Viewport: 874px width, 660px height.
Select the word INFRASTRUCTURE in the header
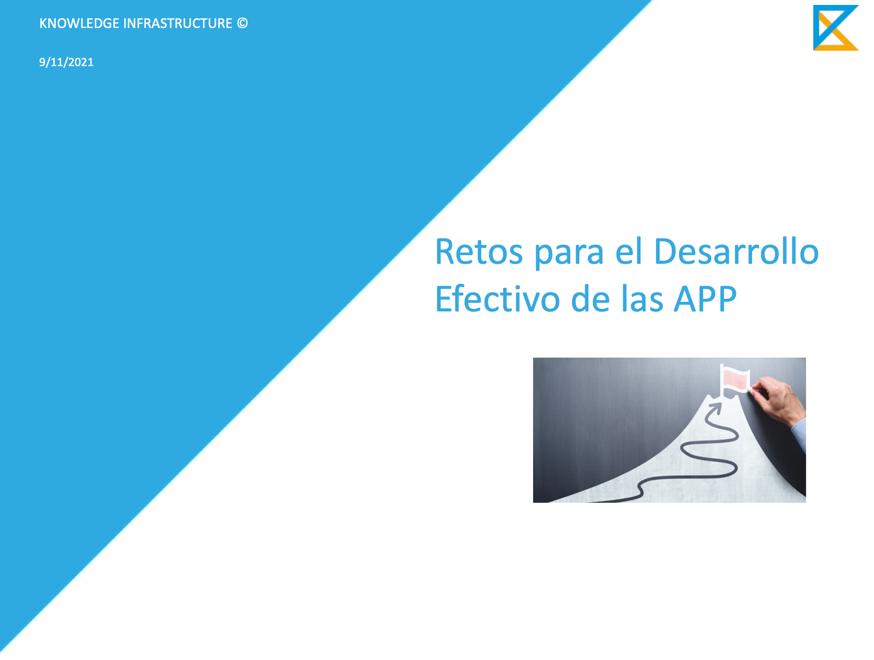click(178, 23)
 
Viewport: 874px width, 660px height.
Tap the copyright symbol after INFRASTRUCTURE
click(242, 23)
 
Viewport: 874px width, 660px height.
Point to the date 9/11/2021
click(66, 62)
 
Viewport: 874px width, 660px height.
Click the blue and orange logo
click(835, 27)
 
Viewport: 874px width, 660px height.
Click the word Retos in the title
click(479, 251)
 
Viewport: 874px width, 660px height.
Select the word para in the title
click(569, 255)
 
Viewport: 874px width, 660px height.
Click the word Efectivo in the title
click(498, 298)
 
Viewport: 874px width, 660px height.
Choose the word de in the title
click(590, 298)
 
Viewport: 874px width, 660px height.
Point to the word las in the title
click(641, 298)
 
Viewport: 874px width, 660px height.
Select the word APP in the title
click(705, 299)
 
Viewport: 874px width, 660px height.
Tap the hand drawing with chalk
click(776, 399)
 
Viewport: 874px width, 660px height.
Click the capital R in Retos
click(445, 251)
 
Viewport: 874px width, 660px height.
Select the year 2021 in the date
click(81, 62)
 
